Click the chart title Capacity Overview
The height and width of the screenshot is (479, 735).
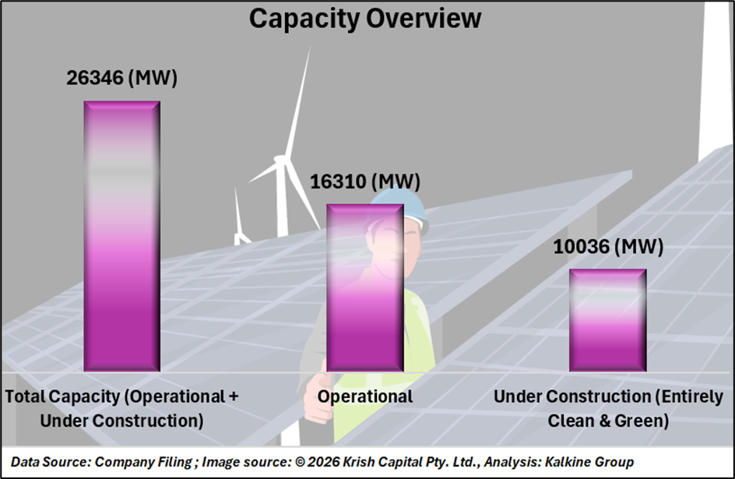tap(365, 19)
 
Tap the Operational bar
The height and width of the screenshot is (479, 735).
tap(364, 287)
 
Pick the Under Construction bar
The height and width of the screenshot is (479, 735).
tap(607, 320)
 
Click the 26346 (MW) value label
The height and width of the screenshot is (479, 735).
tap(121, 79)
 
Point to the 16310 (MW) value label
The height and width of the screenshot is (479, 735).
tap(364, 182)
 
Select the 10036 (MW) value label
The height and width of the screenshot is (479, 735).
tap(608, 248)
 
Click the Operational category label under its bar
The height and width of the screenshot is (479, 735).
tap(364, 396)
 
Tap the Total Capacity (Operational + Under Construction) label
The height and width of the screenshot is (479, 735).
tap(122, 408)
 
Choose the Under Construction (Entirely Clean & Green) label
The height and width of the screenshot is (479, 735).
tap(608, 408)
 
